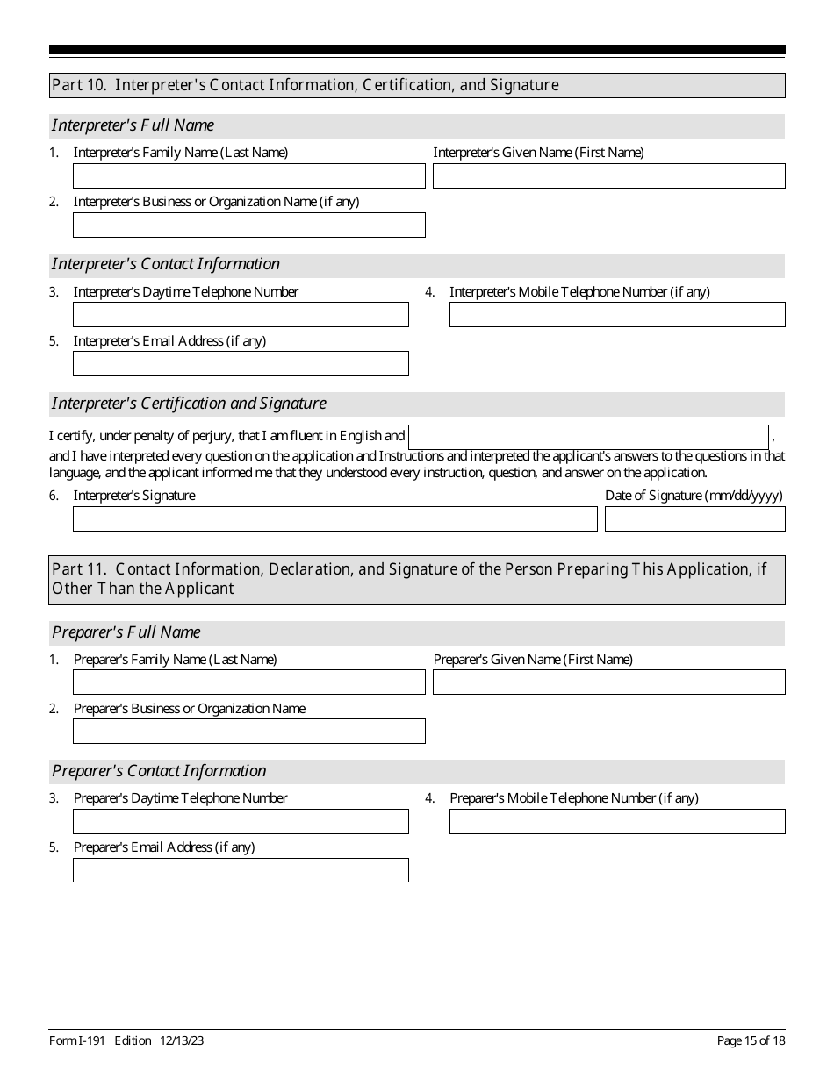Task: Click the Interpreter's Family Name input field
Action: [x=248, y=176]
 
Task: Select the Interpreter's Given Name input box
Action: [x=608, y=176]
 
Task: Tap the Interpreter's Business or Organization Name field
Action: [x=248, y=225]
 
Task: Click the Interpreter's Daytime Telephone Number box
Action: [x=241, y=315]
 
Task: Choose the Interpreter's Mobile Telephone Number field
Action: [x=617, y=315]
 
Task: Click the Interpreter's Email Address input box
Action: [x=241, y=364]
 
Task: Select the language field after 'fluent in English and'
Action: [x=588, y=437]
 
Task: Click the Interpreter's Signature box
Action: [x=334, y=519]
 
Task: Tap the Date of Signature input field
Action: [x=694, y=519]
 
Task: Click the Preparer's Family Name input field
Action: [x=248, y=682]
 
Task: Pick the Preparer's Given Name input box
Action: [x=608, y=682]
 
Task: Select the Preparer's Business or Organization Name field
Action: [x=248, y=732]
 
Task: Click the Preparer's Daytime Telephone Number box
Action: [x=241, y=822]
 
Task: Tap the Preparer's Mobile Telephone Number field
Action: [x=617, y=822]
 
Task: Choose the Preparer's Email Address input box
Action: [x=241, y=870]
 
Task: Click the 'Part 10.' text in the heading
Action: [x=80, y=85]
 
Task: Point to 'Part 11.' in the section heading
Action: [x=80, y=569]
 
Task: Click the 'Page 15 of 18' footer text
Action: [x=751, y=1041]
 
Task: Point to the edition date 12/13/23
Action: [x=182, y=1041]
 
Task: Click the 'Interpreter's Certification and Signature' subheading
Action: [x=189, y=404]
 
